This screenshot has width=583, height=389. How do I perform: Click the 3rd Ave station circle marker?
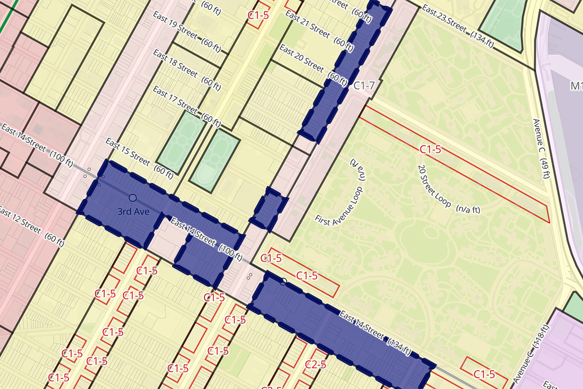click(x=133, y=198)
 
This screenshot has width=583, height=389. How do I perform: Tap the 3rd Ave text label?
click(x=132, y=212)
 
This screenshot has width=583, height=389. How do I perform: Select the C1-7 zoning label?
click(x=364, y=86)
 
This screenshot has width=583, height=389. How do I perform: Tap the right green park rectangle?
click(x=214, y=160)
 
